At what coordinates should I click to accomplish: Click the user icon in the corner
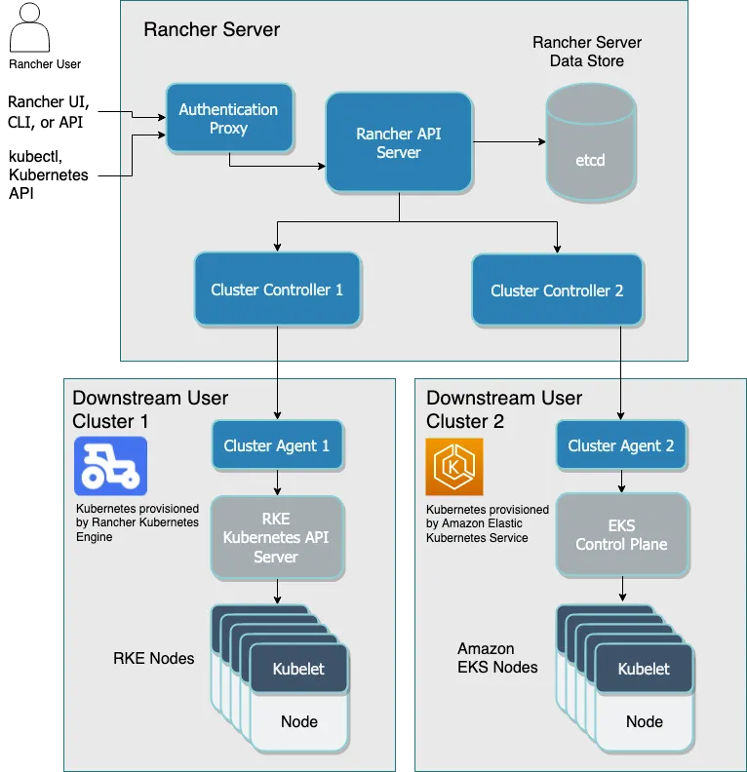(28, 27)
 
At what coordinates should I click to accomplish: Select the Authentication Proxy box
(228, 119)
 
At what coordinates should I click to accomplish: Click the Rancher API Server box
(399, 142)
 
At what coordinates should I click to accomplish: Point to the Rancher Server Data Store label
(587, 52)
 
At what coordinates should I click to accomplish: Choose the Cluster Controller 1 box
(277, 289)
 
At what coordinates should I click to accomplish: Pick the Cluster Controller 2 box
(556, 290)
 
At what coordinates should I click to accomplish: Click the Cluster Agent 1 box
(277, 445)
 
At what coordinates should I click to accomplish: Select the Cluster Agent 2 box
(621, 445)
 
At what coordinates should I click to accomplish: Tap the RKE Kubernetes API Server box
(276, 537)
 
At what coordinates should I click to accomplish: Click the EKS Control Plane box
(621, 535)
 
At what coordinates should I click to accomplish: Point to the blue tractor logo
(110, 467)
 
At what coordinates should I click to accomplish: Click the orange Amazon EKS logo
(454, 467)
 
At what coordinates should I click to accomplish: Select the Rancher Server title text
(212, 29)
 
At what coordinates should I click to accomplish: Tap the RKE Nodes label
(153, 658)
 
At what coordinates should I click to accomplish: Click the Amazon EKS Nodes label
(497, 658)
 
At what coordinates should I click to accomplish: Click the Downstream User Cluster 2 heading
(504, 409)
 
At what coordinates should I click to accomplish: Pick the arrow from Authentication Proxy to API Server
(278, 166)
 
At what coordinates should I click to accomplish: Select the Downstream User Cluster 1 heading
(150, 409)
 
